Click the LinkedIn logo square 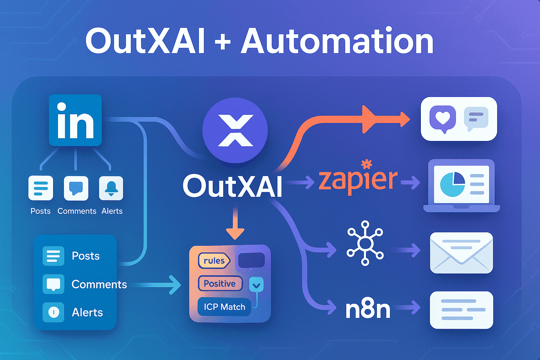click(75, 120)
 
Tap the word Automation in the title click(337, 41)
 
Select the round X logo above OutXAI click(235, 130)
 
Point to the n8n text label click(368, 309)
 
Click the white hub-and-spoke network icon click(365, 243)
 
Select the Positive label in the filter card click(220, 283)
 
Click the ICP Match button click(224, 307)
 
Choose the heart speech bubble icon click(443, 118)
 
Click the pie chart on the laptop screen click(453, 184)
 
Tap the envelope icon click(461, 252)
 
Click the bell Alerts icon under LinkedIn click(111, 188)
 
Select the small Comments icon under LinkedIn click(76, 188)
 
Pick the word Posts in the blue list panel click(85, 256)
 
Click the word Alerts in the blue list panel click(87, 312)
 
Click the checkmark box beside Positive click(256, 285)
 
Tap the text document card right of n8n click(461, 310)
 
